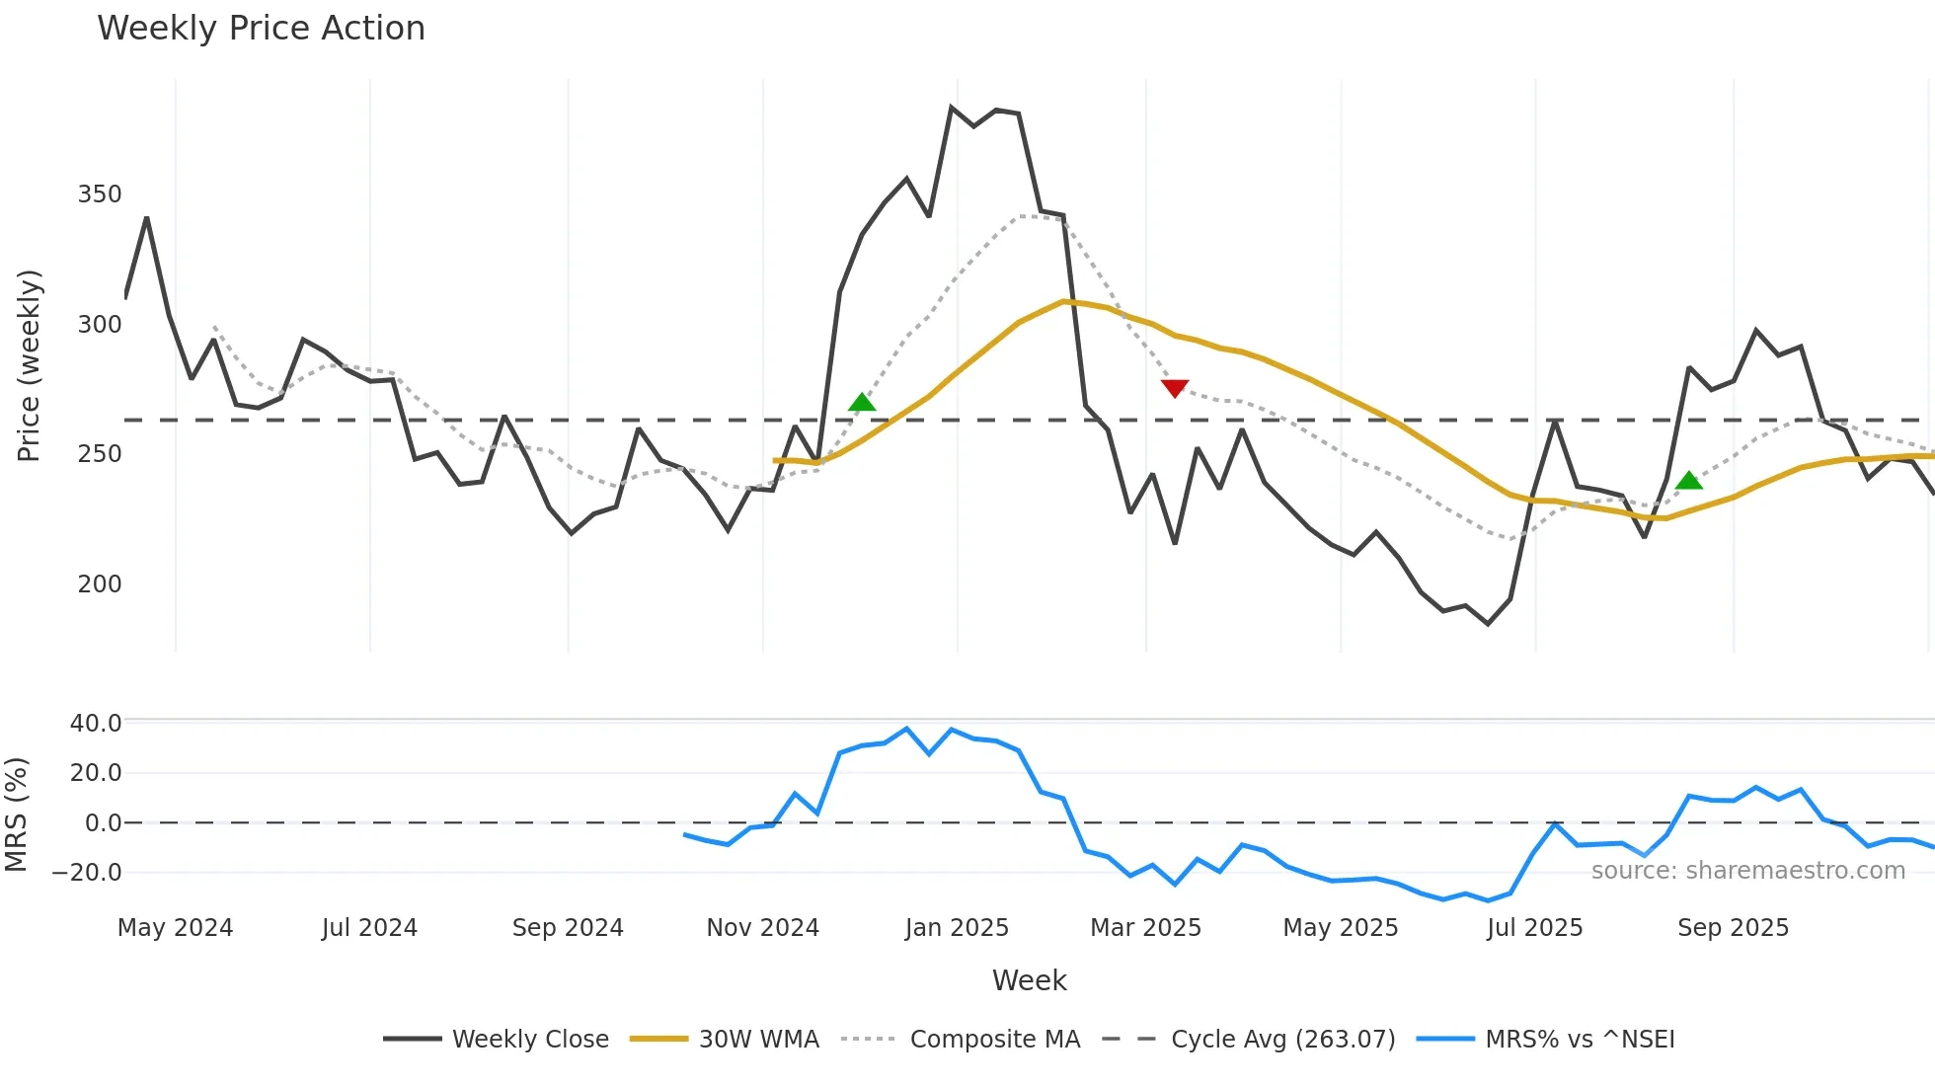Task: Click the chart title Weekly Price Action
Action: (x=261, y=29)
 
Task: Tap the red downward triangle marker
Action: (x=1175, y=388)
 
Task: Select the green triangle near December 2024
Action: (x=862, y=402)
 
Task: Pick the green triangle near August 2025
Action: (x=1689, y=481)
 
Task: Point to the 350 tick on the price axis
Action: (x=100, y=194)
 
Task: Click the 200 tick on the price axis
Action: (x=100, y=584)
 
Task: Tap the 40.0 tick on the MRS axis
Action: (x=96, y=724)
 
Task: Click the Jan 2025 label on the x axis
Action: (x=957, y=928)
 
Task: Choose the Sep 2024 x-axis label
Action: (x=568, y=928)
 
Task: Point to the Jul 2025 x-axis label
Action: (x=1534, y=928)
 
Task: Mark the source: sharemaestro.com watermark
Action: (x=1747, y=871)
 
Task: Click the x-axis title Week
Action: (x=1029, y=980)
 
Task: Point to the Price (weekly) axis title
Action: (x=29, y=365)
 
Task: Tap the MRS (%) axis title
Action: (x=16, y=815)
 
